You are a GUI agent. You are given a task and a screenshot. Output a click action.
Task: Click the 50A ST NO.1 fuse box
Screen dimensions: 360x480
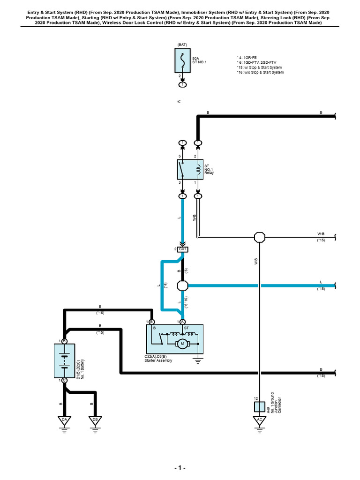tap(182, 60)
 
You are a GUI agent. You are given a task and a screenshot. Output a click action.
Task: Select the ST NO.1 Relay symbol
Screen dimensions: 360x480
tap(190, 169)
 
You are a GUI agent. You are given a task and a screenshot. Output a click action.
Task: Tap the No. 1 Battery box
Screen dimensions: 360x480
tap(64, 360)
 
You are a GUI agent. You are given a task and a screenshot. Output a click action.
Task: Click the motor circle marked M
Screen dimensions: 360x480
tap(182, 344)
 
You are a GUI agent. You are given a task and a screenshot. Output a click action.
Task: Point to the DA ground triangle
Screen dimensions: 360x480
tap(64, 420)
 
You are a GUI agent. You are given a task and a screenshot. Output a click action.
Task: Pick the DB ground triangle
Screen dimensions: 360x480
tap(95, 420)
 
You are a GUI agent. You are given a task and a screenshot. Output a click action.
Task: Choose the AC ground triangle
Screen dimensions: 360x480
tap(260, 420)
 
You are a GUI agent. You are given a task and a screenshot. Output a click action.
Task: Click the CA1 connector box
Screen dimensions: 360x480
tap(182, 249)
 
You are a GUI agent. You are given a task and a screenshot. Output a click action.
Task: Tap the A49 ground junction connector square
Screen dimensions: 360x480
tap(260, 407)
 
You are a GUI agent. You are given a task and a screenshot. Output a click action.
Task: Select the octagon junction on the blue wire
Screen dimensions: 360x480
tap(183, 285)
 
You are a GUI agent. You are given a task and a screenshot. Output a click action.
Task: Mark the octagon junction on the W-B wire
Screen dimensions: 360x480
tap(260, 237)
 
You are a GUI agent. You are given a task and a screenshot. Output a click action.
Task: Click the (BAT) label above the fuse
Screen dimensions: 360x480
tap(182, 45)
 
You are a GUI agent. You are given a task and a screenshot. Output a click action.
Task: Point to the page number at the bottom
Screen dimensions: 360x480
tap(180, 468)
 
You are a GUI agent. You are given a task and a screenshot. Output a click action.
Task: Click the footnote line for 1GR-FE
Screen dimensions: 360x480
tap(247, 58)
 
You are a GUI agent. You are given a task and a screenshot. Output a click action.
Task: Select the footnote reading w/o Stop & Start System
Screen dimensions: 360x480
tap(260, 72)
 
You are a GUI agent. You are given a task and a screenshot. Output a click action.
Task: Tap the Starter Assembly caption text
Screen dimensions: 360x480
tap(158, 360)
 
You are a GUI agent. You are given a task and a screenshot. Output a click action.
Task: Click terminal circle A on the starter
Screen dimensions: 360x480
tap(182, 322)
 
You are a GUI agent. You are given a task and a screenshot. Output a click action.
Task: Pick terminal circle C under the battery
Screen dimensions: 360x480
tap(64, 381)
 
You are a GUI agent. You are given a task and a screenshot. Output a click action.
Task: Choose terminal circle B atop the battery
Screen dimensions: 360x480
tap(64, 341)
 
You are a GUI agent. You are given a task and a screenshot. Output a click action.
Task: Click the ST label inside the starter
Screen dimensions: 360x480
tap(187, 328)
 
